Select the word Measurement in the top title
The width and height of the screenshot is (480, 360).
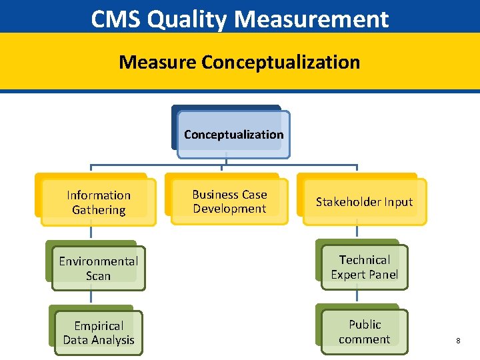click(x=311, y=19)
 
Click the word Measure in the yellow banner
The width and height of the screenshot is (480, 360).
click(x=158, y=62)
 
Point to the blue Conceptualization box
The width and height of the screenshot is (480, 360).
click(x=233, y=134)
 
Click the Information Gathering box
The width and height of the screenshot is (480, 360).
click(x=99, y=202)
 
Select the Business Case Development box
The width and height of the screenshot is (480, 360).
click(x=229, y=201)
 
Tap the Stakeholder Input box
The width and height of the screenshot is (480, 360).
click(x=364, y=201)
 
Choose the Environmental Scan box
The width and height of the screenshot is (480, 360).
click(x=98, y=268)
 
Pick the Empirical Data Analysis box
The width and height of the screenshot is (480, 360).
click(x=99, y=333)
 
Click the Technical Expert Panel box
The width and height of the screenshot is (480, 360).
click(x=364, y=267)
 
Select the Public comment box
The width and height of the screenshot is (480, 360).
click(x=364, y=331)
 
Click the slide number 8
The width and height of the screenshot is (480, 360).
click(x=458, y=341)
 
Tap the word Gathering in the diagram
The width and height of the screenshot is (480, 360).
click(x=99, y=210)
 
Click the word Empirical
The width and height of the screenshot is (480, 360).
click(x=99, y=326)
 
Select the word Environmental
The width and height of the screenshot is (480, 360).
click(x=98, y=261)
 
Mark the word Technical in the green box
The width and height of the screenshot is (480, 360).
click(x=364, y=259)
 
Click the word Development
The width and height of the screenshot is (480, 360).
click(x=229, y=209)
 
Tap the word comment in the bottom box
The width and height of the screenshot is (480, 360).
click(x=364, y=339)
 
